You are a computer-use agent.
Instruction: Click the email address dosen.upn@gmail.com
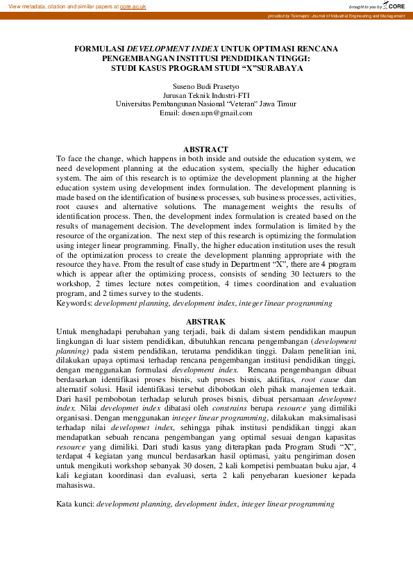click(217, 113)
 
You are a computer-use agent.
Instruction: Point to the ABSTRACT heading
click(205, 149)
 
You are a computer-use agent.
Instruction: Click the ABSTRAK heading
click(206, 322)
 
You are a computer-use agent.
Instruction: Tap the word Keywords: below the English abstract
click(74, 303)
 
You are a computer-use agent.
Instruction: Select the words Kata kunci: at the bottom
click(75, 502)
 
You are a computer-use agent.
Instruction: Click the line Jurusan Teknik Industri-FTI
click(206, 94)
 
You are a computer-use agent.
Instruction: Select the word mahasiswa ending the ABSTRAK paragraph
click(76, 486)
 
